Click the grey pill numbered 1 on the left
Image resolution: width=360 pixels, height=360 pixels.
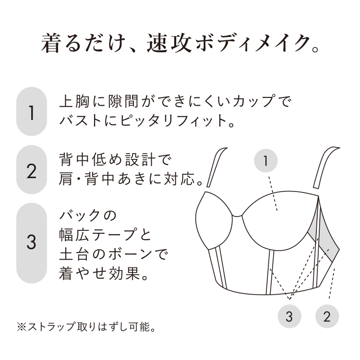[x=32, y=111]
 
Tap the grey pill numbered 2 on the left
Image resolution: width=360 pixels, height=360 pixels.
[x=32, y=169]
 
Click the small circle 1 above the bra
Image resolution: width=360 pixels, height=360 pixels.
[x=265, y=160]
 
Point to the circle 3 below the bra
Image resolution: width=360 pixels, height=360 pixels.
[x=289, y=316]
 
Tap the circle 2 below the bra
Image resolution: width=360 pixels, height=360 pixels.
[x=327, y=316]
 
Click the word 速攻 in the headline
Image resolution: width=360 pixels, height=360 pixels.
[x=169, y=43]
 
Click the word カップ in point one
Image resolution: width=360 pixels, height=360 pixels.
[x=253, y=101]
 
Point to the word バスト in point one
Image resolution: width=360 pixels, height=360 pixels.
[x=80, y=121]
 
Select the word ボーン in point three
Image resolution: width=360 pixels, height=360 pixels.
[x=131, y=254]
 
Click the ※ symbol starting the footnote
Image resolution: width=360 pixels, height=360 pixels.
[x=22, y=327]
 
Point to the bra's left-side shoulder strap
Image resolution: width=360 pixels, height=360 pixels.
[x=216, y=167]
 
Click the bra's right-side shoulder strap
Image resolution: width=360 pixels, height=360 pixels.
[x=326, y=168]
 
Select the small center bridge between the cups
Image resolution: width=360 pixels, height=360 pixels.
[x=238, y=216]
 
